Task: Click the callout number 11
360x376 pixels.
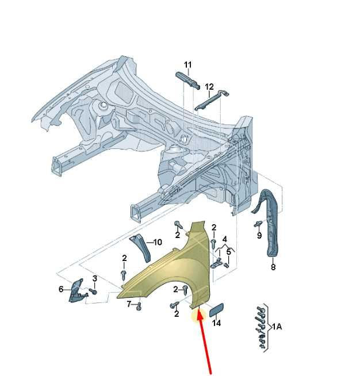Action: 188,65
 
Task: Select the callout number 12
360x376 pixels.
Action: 209,87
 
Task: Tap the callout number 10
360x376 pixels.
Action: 158,242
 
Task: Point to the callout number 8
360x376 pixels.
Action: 273,267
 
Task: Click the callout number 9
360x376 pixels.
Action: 259,235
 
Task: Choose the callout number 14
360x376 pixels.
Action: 216,323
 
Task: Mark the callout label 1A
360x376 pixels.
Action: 277,327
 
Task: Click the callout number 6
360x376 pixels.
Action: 61,289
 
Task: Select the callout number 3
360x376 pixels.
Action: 95,278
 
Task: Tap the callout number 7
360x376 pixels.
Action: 129,304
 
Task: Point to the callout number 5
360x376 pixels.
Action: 228,252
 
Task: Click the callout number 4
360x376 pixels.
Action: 225,239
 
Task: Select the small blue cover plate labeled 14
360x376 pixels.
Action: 217,310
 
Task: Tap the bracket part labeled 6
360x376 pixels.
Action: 77,291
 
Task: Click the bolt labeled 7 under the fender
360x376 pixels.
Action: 139,306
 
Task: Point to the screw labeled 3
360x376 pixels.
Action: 93,291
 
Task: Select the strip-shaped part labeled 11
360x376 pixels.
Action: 188,80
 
